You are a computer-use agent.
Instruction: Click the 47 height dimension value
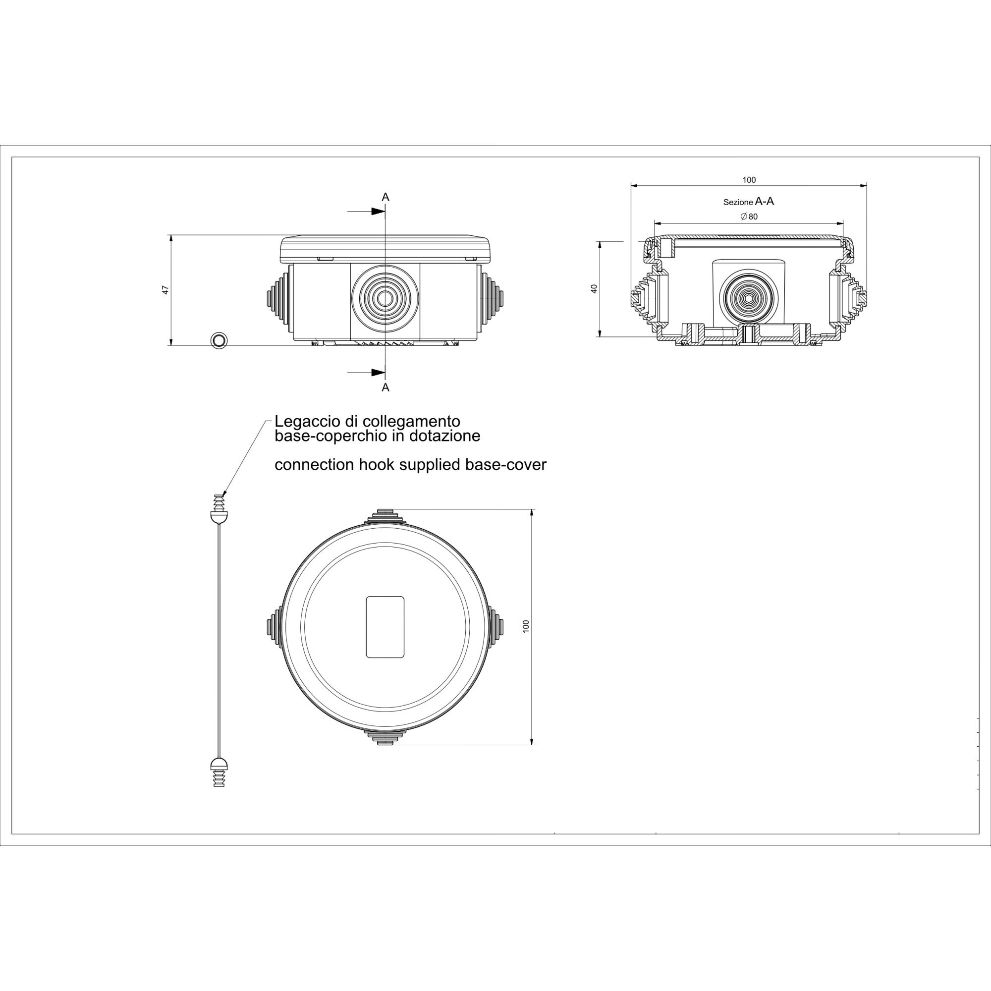pyautogui.click(x=165, y=290)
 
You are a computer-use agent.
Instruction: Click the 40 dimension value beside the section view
pyautogui.click(x=595, y=288)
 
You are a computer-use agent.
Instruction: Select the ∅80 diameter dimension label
pyautogui.click(x=749, y=217)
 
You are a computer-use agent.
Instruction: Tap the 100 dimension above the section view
pyautogui.click(x=749, y=180)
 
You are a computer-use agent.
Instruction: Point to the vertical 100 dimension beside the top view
pyautogui.click(x=525, y=626)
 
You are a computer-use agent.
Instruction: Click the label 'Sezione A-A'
pyautogui.click(x=748, y=202)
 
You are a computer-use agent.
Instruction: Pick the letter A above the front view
pyautogui.click(x=385, y=197)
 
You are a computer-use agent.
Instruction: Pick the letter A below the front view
pyautogui.click(x=385, y=387)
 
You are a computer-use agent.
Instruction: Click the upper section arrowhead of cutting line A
pyautogui.click(x=378, y=212)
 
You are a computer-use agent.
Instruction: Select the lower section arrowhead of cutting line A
pyautogui.click(x=378, y=372)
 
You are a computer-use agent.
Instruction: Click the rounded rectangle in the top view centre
pyautogui.click(x=385, y=627)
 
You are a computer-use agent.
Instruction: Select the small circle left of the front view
pyautogui.click(x=219, y=339)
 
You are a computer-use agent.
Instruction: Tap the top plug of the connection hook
pyautogui.click(x=219, y=508)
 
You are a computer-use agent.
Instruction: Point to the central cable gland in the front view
pyautogui.click(x=384, y=298)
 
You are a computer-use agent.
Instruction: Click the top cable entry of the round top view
pyautogui.click(x=385, y=516)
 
